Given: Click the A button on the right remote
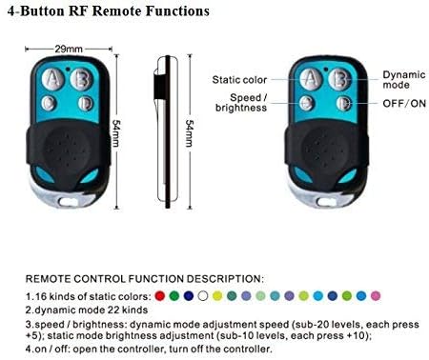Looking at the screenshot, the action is click(x=308, y=78).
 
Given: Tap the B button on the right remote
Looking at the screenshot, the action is click(x=338, y=78).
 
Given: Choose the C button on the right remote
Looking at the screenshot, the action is click(x=307, y=103).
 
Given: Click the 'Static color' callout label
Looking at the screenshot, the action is click(x=239, y=79).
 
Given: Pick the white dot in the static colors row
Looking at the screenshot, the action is click(x=203, y=296).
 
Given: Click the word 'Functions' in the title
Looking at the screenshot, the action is click(x=176, y=12).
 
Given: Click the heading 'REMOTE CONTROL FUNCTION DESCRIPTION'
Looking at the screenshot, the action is click(x=143, y=279).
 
